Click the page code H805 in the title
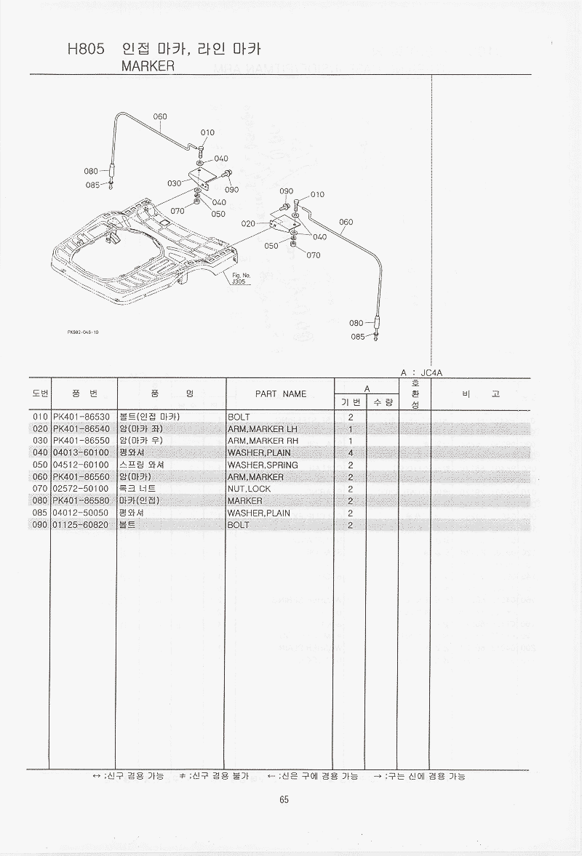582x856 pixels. click(x=85, y=49)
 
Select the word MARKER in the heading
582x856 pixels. click(x=148, y=65)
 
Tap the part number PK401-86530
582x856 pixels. click(x=81, y=417)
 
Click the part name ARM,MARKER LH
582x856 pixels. click(x=263, y=429)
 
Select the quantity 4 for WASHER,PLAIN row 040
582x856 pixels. click(x=350, y=453)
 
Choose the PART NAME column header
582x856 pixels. click(x=281, y=394)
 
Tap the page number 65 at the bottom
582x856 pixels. click(x=284, y=800)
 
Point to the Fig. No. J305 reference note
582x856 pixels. click(x=241, y=279)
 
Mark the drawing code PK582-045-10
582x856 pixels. click(x=82, y=332)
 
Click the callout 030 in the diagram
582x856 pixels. click(x=174, y=183)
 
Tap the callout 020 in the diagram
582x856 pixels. click(x=247, y=224)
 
